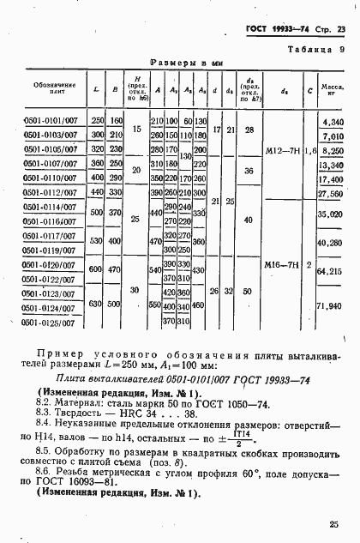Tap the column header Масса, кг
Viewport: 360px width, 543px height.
[333, 90]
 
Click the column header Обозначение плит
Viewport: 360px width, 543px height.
[53, 89]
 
